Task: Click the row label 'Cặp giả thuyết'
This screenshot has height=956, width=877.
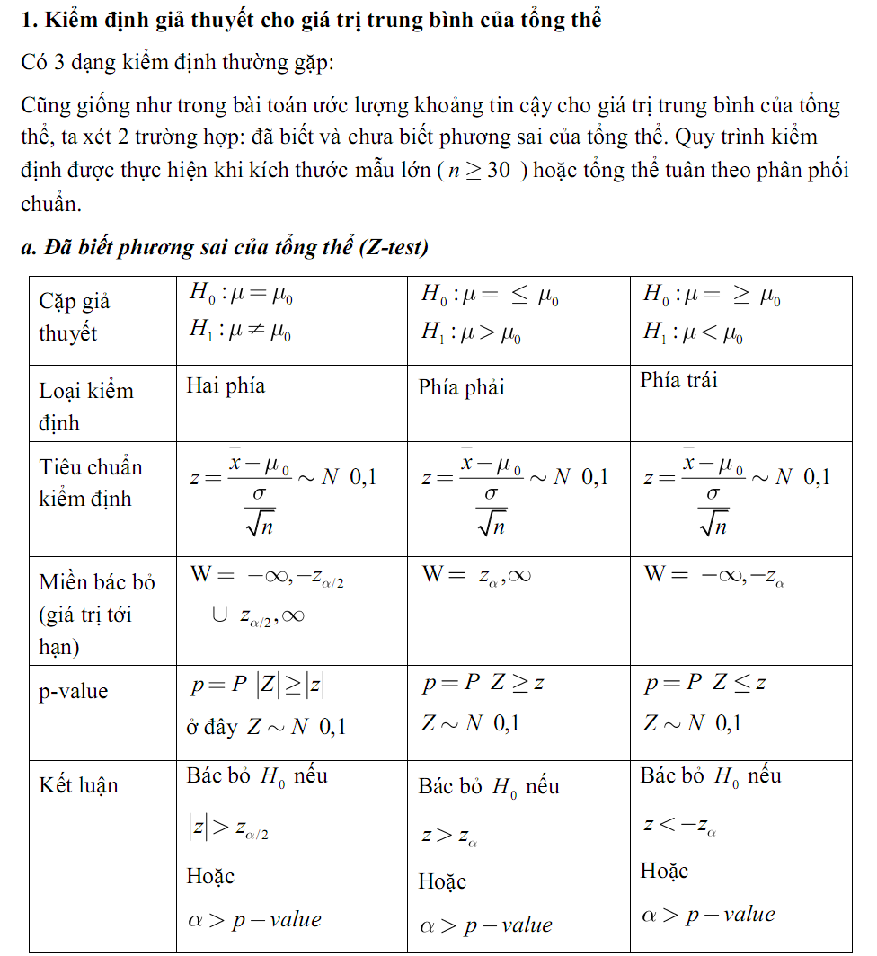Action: (75, 317)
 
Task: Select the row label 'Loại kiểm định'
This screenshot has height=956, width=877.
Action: (85, 406)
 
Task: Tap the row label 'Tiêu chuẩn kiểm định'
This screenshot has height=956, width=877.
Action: (90, 482)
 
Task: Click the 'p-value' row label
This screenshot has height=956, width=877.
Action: (73, 691)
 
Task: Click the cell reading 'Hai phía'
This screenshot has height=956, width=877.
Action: (226, 385)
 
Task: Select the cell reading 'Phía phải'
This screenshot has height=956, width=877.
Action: (461, 387)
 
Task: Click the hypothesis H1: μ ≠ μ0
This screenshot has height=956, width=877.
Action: (240, 332)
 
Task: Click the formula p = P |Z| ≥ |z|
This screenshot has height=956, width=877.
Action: (258, 686)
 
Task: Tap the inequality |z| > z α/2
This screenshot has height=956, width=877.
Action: (228, 830)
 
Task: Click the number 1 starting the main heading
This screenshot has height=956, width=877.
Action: (28, 20)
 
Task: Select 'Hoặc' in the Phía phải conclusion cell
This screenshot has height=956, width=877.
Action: (442, 881)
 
